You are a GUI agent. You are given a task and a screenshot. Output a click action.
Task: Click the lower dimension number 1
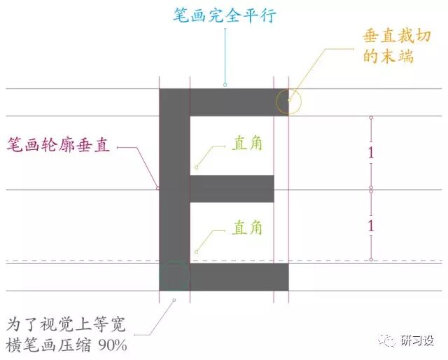pos(371,226)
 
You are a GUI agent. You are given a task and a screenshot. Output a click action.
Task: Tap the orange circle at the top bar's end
pos(288,102)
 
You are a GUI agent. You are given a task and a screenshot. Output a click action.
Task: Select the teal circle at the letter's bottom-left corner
pos(174,276)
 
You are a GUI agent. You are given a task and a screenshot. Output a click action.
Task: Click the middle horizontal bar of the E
pos(232,189)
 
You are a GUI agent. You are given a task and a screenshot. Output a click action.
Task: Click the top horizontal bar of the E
pos(238,102)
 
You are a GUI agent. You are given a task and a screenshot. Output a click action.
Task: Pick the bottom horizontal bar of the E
pos(238,277)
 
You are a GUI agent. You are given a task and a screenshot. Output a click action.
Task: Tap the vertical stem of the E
pos(174,189)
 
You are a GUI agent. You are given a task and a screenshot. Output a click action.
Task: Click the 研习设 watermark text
pos(417,341)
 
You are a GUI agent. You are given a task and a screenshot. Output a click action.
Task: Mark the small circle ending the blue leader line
pos(225,85)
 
